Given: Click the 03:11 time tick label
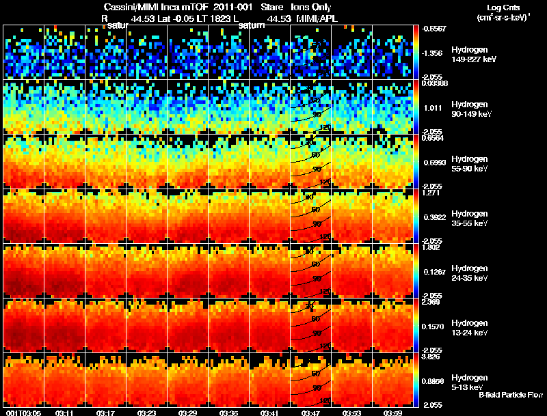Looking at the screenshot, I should pos(65,412).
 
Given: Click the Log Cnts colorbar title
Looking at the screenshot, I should pos(501,7).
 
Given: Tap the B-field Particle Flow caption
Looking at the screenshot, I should pos(510,395).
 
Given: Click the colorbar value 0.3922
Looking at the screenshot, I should pos(433,217).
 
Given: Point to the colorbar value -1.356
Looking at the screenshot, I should pos(432,53).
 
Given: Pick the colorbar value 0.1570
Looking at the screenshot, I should pos(433,326).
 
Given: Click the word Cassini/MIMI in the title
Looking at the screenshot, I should pos(127,7).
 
